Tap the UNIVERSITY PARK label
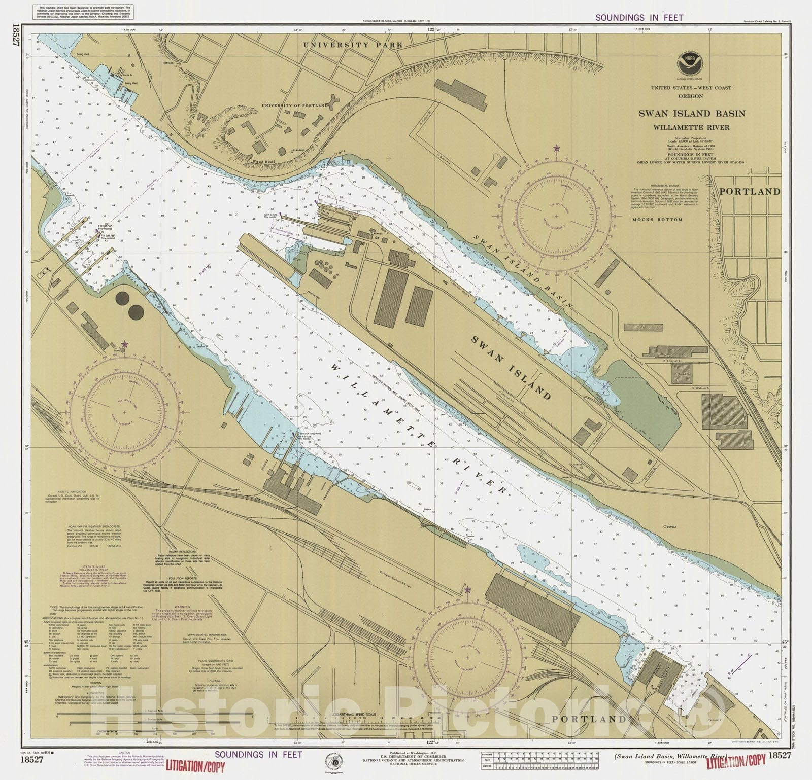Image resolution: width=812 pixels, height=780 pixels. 353,45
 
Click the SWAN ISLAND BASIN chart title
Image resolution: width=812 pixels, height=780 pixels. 692,113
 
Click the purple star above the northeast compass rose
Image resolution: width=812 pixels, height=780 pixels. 557,148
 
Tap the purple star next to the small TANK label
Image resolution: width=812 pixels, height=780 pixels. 125,344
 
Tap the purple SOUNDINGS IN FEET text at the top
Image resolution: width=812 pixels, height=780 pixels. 639,17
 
